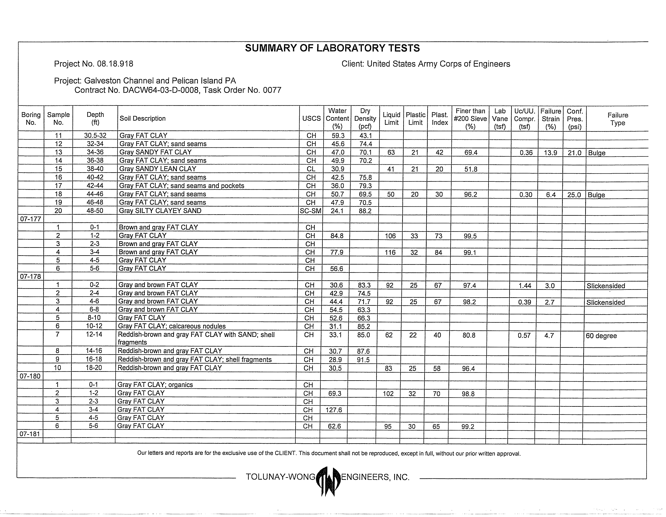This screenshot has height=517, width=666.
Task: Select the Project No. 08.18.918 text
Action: [94, 64]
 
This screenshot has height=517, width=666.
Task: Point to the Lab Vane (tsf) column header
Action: [500, 119]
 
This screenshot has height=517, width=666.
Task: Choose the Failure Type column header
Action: [618, 119]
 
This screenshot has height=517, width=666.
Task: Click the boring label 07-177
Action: [30, 219]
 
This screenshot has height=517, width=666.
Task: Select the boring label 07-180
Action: [30, 376]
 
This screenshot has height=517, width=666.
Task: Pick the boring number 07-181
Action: [30, 434]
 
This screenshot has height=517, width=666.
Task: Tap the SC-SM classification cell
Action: [310, 211]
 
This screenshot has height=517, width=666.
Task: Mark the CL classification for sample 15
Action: [311, 169]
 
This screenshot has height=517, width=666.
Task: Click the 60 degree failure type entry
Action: [601, 336]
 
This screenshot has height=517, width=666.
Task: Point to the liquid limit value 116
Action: [390, 252]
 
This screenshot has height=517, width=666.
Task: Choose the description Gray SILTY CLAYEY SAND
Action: [160, 211]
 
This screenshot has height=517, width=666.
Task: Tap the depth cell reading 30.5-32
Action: [95, 136]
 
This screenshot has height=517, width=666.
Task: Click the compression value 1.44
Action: [525, 286]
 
